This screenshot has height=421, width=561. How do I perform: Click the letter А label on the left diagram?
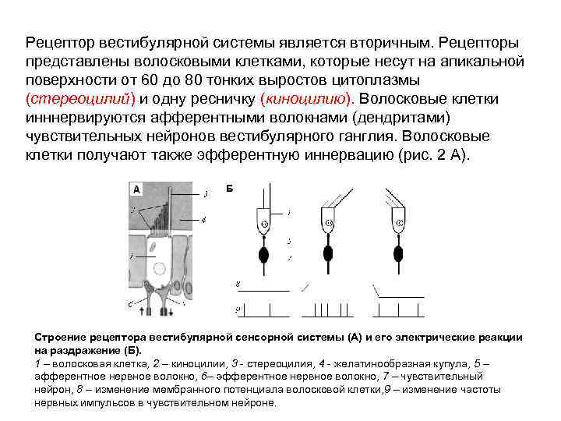pyautogui.click(x=137, y=189)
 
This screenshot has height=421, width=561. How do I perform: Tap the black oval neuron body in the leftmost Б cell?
pyautogui.click(x=264, y=254)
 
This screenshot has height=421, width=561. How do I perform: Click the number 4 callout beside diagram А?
pyautogui.click(x=203, y=220)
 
